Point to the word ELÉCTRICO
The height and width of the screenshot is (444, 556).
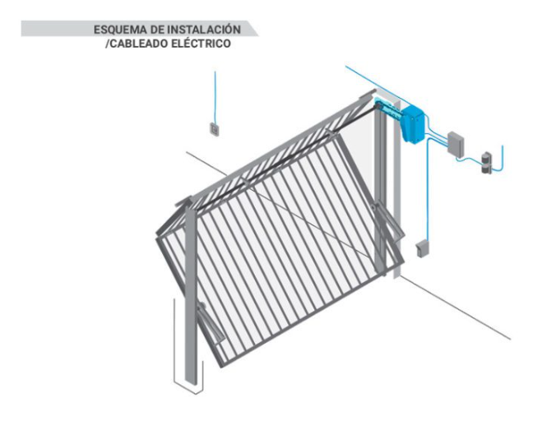(x=201, y=44)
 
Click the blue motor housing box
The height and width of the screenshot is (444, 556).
(x=413, y=123)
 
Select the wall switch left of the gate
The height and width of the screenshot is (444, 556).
(x=215, y=129)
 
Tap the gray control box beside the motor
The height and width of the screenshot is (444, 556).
(x=456, y=144)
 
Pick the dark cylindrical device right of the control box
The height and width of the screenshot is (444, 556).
(x=486, y=163)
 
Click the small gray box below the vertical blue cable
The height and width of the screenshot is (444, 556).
(x=422, y=248)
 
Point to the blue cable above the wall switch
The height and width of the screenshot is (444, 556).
(x=215, y=97)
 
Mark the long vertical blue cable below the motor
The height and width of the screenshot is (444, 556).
(x=428, y=192)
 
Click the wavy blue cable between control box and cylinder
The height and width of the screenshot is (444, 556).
(x=469, y=160)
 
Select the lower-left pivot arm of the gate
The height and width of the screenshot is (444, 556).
(x=210, y=323)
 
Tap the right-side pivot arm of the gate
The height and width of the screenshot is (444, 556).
(x=388, y=220)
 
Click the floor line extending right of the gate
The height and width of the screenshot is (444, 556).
(x=456, y=308)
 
